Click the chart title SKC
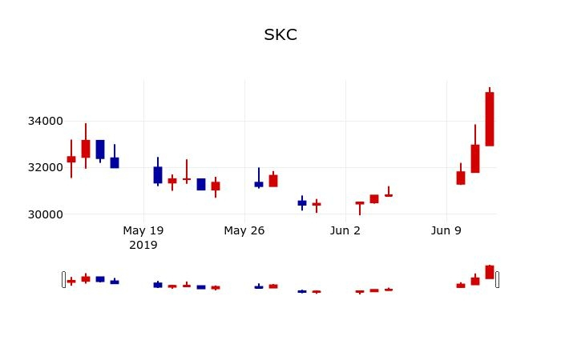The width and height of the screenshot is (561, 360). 280,35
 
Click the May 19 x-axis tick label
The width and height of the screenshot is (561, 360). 143,230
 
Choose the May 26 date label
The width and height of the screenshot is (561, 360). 244,230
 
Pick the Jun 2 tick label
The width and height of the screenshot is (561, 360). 345,230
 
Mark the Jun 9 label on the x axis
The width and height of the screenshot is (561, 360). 446,230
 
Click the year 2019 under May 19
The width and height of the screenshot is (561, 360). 143,245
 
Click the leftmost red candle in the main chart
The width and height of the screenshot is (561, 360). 71,159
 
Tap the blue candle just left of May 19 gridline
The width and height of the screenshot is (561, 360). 115,162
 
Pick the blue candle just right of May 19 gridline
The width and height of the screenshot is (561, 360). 158,174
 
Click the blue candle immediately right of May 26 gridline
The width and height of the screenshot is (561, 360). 259,184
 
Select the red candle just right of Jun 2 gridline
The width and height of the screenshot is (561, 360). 360,203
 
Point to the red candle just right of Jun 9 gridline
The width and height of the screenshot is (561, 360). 461,178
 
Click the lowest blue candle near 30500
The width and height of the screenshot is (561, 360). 302,203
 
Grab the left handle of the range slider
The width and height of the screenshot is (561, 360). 63,279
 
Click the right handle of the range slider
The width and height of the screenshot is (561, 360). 497,279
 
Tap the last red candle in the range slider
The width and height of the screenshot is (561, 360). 490,272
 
